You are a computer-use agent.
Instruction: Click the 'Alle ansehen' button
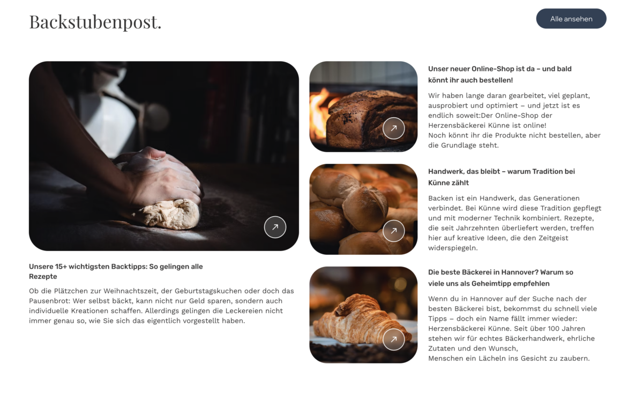(571, 19)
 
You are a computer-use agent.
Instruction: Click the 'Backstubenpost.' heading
(95, 22)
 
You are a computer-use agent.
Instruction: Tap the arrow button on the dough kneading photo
(275, 227)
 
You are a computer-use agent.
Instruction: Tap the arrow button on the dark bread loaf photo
(393, 128)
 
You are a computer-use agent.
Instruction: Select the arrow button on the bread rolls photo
(393, 231)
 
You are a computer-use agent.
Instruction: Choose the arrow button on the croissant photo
(393, 339)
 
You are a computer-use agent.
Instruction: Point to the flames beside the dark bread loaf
(320, 115)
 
